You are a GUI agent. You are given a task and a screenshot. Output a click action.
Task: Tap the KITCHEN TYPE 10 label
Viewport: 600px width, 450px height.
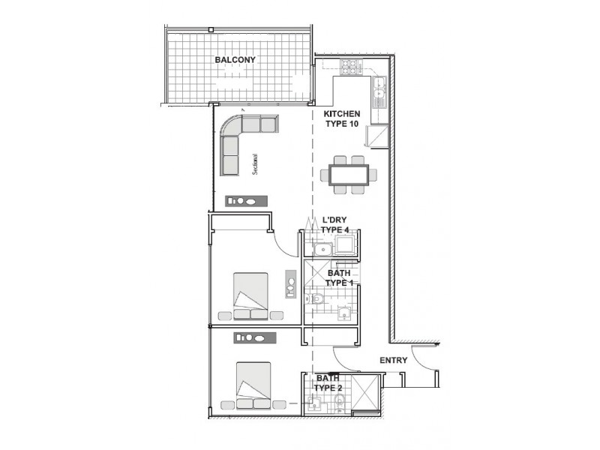pyautogui.click(x=342, y=119)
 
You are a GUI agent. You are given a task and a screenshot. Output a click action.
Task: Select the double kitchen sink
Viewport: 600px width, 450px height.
pyautogui.click(x=379, y=89)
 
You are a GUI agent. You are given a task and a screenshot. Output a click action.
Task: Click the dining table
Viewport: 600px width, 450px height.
pyautogui.click(x=349, y=175)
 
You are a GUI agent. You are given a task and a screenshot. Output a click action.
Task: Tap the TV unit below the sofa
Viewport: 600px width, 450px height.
pyautogui.click(x=247, y=201)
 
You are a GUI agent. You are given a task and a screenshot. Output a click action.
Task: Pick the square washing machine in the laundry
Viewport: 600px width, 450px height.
pyautogui.click(x=345, y=245)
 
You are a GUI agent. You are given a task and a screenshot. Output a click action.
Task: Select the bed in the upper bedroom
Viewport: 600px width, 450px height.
pyautogui.click(x=250, y=295)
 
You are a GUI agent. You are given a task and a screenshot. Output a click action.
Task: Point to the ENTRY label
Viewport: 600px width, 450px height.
pyautogui.click(x=393, y=361)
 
